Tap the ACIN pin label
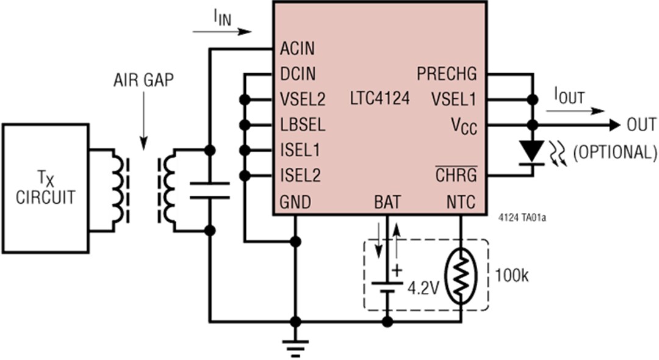tap(297, 49)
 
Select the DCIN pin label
tap(298, 74)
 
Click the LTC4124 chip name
tap(380, 98)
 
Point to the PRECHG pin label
tap(447, 74)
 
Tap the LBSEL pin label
tap(302, 125)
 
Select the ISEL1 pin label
tap(300, 150)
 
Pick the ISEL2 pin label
tap(300, 176)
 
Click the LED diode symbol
tap(533, 151)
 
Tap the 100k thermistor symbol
tap(461, 275)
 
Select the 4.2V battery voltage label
tap(422, 287)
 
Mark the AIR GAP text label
tap(144, 81)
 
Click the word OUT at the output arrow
tap(641, 125)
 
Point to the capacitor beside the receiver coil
tap(209, 190)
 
